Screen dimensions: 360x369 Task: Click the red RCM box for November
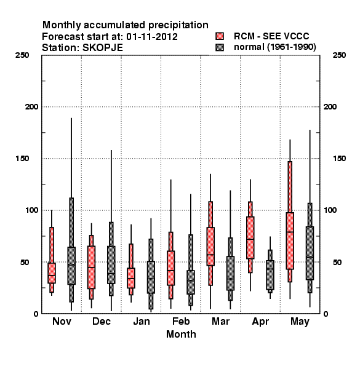[x=52, y=273]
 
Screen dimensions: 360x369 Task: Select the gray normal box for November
[x=71, y=266]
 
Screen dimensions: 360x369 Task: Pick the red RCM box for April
[x=250, y=237]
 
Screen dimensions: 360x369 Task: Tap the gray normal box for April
[x=270, y=275]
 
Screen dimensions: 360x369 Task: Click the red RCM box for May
[x=290, y=240]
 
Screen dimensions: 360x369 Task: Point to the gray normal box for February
[x=191, y=282]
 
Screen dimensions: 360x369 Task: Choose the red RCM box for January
[x=131, y=278]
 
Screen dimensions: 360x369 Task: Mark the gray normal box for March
[x=230, y=273]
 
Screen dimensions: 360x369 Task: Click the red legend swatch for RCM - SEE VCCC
[x=220, y=36]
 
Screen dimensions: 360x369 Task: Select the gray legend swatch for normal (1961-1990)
[x=220, y=47]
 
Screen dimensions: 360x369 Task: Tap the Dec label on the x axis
[x=102, y=321]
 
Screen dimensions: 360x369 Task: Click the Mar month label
[x=220, y=321]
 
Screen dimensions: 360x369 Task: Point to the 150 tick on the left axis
[x=22, y=159]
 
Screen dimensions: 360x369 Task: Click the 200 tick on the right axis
[x=330, y=107]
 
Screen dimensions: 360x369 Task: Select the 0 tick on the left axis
[x=36, y=314]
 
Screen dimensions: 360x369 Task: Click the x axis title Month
[x=181, y=334]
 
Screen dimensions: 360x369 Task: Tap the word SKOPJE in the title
[x=103, y=48]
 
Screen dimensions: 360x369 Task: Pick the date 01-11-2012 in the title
[x=152, y=37]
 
